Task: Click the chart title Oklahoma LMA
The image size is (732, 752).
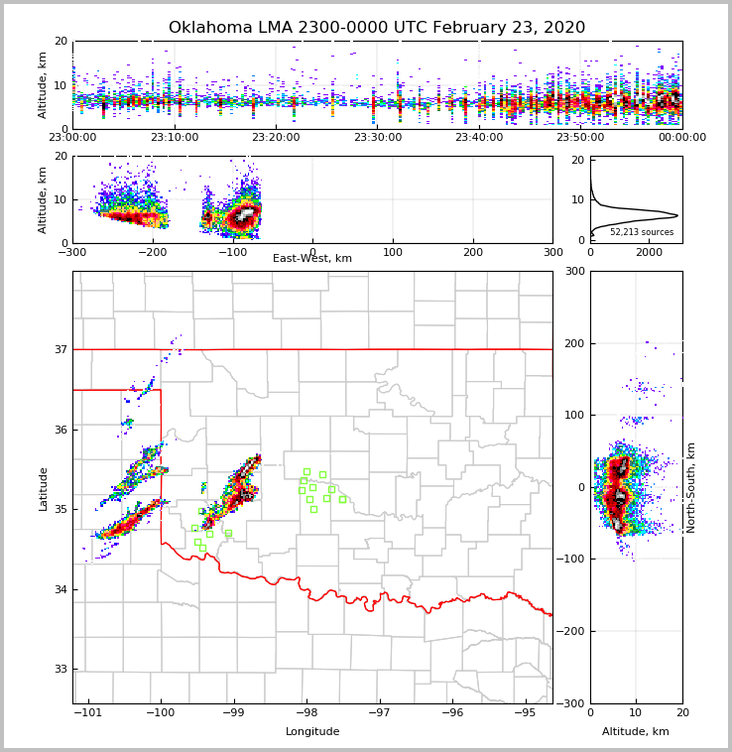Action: [377, 28]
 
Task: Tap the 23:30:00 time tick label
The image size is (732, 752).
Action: [378, 138]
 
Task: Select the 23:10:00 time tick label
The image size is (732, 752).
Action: [175, 138]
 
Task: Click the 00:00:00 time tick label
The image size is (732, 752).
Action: [682, 138]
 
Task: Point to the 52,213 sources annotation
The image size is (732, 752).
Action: [642, 232]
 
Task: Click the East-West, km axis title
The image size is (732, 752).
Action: [312, 259]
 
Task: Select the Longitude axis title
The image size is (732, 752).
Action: [312, 732]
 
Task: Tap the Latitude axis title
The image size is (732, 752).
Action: [43, 488]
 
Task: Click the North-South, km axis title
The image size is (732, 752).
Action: [691, 487]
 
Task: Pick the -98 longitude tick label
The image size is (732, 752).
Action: [305, 712]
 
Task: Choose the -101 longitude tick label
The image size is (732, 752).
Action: [88, 712]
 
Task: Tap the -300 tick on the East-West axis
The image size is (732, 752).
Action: [72, 252]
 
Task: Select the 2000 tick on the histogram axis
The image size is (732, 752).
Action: [649, 252]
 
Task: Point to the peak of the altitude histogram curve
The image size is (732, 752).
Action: [677, 215]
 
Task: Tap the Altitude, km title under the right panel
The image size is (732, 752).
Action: [636, 732]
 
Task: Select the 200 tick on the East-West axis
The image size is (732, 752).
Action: [473, 252]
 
